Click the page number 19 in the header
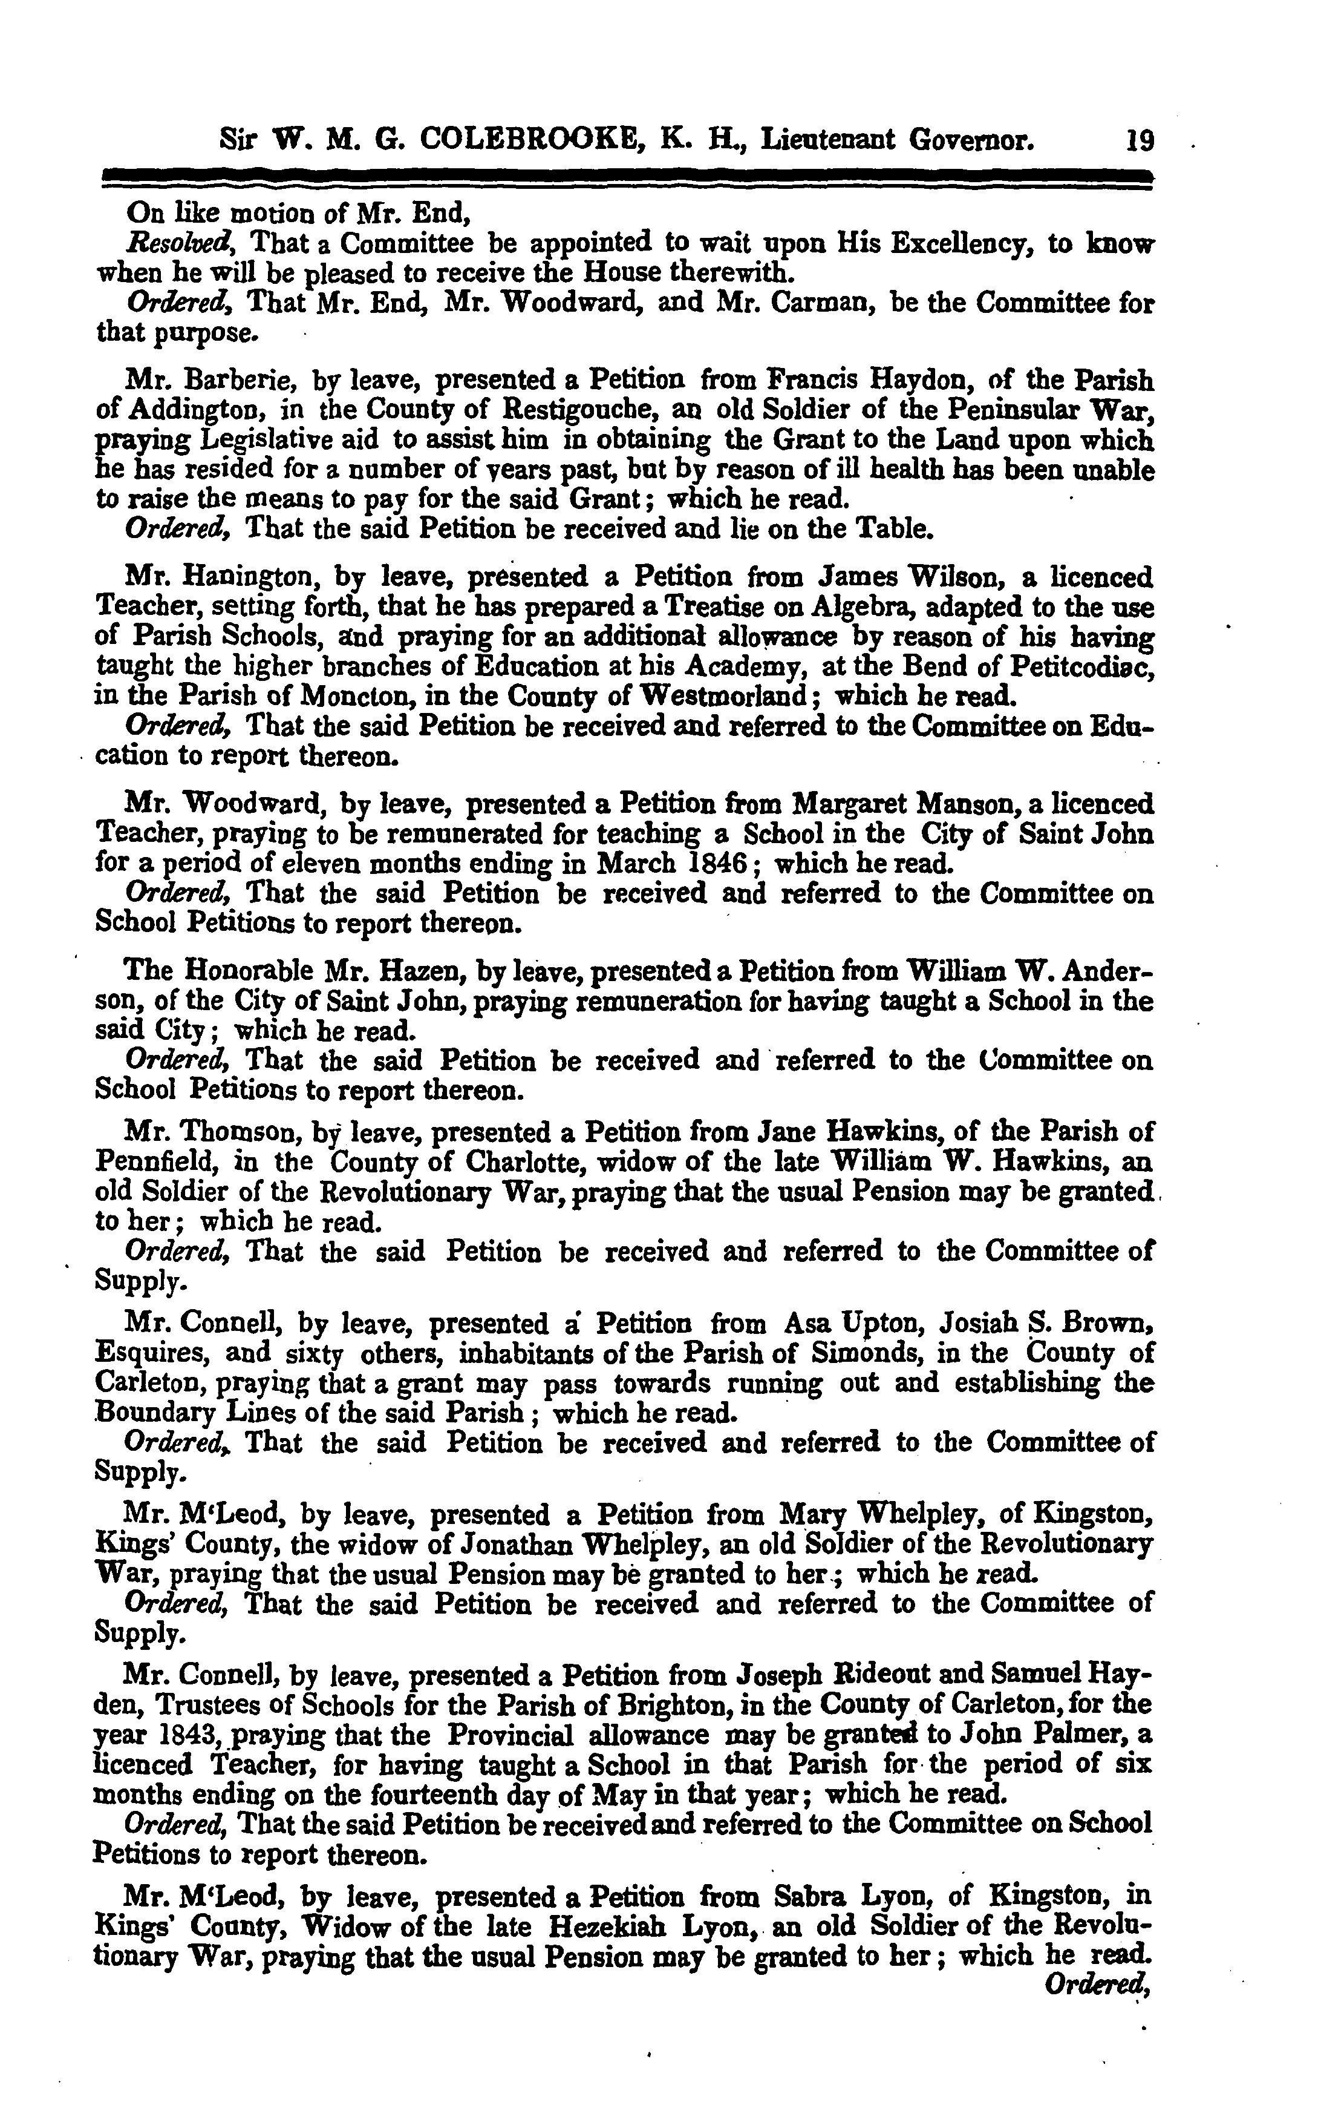coord(1140,140)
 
